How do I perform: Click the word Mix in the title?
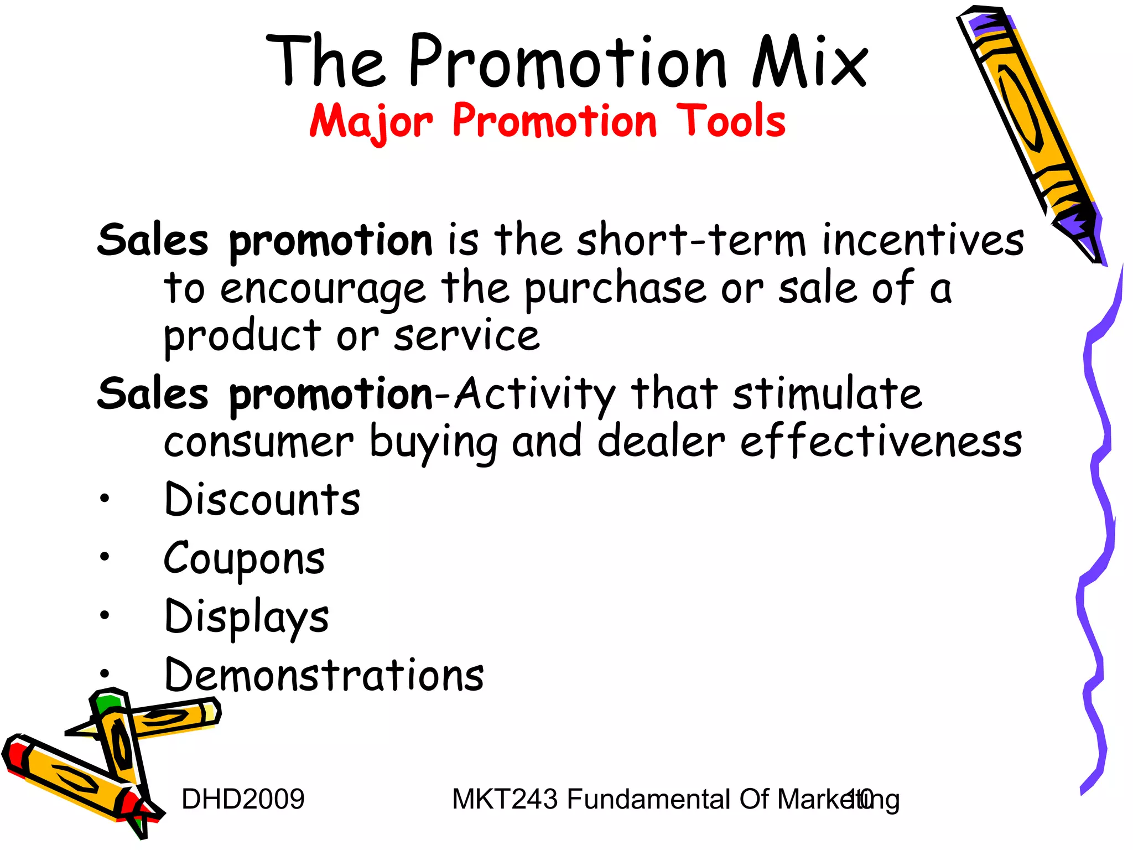809,62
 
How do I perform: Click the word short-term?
692,240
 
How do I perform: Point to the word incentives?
923,240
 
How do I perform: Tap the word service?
466,336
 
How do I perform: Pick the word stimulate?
827,394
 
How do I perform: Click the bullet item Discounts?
262,500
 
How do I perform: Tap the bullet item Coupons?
244,559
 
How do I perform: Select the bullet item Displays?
247,618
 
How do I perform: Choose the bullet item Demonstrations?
324,676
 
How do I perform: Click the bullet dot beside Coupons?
105,557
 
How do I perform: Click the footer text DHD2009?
243,799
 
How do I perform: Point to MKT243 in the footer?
505,799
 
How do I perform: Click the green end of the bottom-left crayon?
107,703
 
